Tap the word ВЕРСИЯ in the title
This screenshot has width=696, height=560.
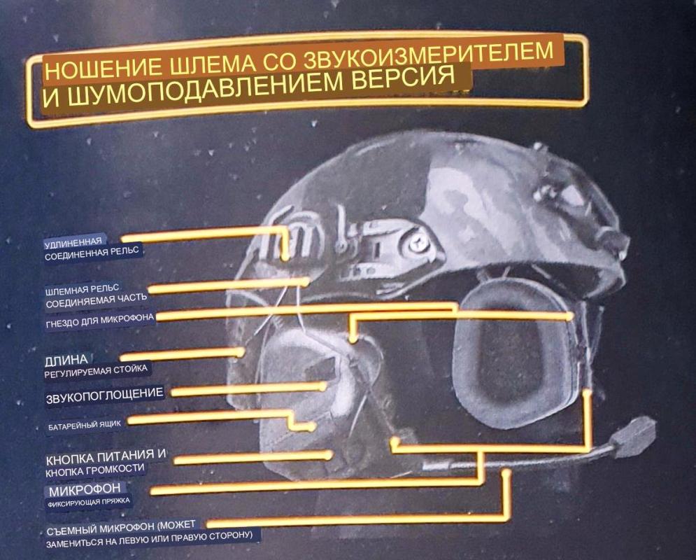[x=404, y=78]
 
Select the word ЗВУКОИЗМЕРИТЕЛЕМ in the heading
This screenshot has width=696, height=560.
[x=428, y=55]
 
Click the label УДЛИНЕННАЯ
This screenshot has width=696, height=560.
[x=73, y=242]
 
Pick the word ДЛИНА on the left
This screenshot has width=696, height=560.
[x=66, y=360]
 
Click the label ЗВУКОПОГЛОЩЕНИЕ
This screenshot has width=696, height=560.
[x=105, y=395]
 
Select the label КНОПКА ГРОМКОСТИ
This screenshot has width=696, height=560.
[x=95, y=470]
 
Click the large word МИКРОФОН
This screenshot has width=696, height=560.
[x=85, y=490]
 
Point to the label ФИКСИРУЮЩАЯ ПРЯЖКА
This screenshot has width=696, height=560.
[x=89, y=503]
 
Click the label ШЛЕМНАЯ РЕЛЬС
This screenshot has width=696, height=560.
[x=82, y=290]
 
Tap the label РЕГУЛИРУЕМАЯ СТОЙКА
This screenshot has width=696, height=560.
[x=96, y=371]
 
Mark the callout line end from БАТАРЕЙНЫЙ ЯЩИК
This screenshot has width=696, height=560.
[x=312, y=427]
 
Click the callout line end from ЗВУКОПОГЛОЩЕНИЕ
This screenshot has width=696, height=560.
[x=324, y=386]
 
